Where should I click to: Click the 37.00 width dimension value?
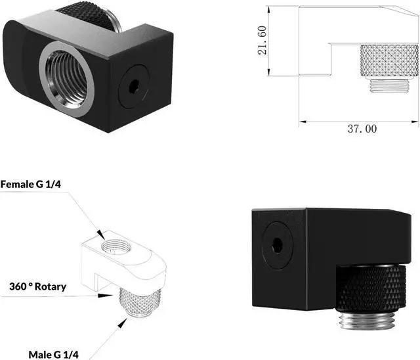362,129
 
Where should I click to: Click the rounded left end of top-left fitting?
14,46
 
